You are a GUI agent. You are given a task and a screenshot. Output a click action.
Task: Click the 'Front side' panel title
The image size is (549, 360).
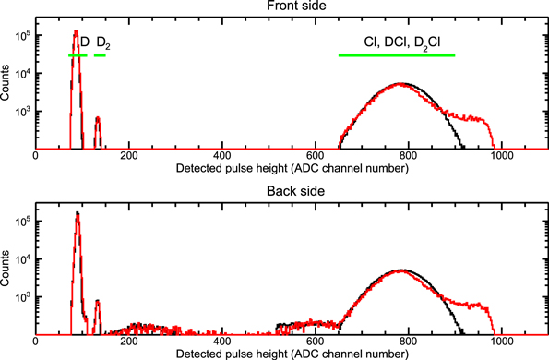point(292,6)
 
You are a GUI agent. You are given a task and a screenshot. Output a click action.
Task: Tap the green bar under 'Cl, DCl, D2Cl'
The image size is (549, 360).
point(397,55)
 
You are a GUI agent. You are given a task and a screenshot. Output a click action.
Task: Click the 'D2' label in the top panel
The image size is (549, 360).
point(103,42)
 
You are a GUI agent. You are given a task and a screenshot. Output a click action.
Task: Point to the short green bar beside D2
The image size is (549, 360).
point(100,55)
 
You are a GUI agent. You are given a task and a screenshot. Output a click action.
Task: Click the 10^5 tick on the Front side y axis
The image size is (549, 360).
point(23,34)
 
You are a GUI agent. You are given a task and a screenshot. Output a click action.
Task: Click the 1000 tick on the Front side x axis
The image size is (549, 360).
point(501,157)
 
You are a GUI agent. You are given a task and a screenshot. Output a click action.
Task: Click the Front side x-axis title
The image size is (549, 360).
point(292,169)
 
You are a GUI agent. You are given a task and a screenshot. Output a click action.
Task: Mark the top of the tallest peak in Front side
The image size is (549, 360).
point(77,31)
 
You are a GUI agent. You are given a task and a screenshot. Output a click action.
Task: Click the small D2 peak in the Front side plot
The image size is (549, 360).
point(98,118)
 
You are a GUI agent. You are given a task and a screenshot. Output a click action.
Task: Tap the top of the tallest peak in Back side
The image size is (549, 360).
point(78,213)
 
